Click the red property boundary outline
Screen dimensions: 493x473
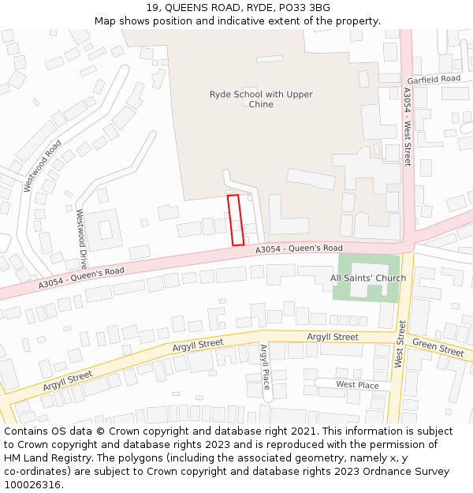click(236, 220)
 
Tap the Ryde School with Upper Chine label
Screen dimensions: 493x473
click(261, 99)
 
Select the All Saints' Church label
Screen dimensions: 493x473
click(368, 278)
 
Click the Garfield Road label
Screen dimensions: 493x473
click(434, 80)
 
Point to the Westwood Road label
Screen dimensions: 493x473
click(43, 166)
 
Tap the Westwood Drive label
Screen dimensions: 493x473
click(80, 239)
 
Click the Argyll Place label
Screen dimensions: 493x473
click(266, 366)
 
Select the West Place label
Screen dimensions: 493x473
click(357, 385)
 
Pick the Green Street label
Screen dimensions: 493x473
click(438, 347)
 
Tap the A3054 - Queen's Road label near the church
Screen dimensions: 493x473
click(299, 248)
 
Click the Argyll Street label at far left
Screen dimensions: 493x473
click(68, 381)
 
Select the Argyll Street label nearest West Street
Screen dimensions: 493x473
click(333, 337)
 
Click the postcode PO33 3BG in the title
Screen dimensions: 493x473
click(304, 8)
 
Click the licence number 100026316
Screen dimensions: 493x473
click(34, 485)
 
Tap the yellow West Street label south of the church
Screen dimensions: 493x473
click(400, 344)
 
